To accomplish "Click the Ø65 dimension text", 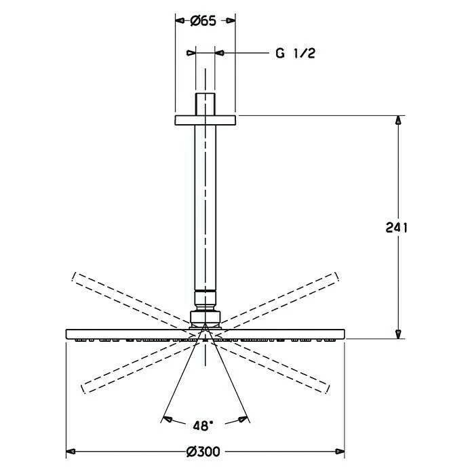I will pyautogui.click(x=203, y=21).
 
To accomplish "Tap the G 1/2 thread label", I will pyautogui.click(x=295, y=54).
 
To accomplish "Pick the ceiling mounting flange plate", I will pyautogui.click(x=205, y=120).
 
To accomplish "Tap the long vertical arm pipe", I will pyautogui.click(x=205, y=203).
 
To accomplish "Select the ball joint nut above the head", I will pyautogui.click(x=205, y=318).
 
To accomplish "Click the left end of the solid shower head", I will pyautogui.click(x=68, y=333).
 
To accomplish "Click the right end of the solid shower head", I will pyautogui.click(x=343, y=333).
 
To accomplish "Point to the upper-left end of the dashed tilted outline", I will pyautogui.click(x=74, y=279).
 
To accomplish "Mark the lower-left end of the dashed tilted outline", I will pyautogui.click(x=84, y=388).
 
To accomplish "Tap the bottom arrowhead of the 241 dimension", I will pyautogui.click(x=399, y=332).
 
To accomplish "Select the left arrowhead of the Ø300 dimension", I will pyautogui.click(x=71, y=450).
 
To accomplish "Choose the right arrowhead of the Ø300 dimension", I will pyautogui.click(x=340, y=450).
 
